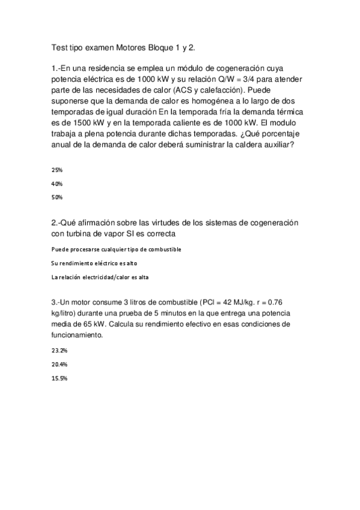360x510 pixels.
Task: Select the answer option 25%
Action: coord(58,170)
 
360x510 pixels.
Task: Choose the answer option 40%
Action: coord(58,183)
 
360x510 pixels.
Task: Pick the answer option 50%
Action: coord(58,197)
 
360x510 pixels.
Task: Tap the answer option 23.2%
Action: coord(59,350)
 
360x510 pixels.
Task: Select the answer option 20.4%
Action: coord(59,364)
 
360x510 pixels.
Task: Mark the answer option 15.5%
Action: coord(59,378)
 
